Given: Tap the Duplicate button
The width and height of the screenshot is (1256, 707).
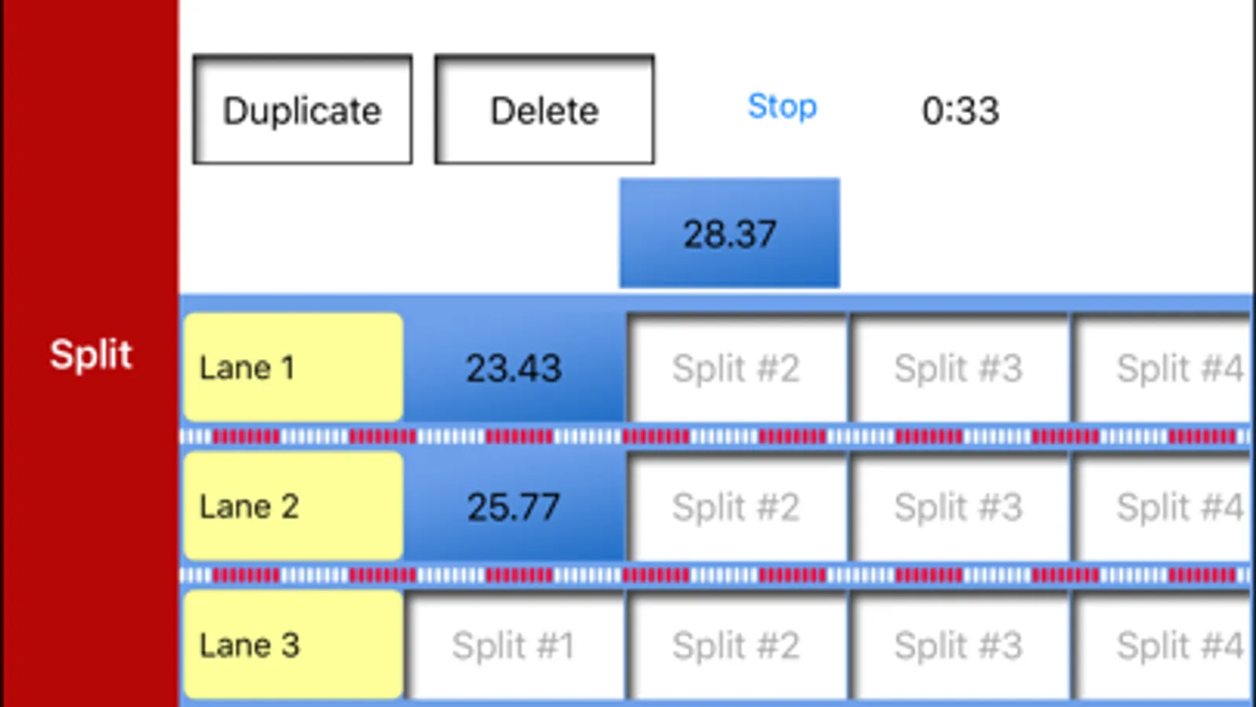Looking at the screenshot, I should pos(302,110).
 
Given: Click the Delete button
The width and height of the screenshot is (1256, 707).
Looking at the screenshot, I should pos(544,110).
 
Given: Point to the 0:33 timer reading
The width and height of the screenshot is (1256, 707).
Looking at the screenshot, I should pos(960,110).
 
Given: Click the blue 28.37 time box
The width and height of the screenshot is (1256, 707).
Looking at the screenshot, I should pos(729,233).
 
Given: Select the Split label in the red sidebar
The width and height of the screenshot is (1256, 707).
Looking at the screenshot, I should pos(90,354).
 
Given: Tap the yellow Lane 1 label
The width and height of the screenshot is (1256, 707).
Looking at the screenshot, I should pos(293,368).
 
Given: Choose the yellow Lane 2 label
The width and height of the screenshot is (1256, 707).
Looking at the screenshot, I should pos(293,507).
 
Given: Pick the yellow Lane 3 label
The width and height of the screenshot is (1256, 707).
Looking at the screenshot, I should pos(293,645).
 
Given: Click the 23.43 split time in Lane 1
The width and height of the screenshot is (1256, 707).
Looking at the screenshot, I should pos(514,368).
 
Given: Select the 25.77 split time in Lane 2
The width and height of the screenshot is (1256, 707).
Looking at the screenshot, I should pos(514,507).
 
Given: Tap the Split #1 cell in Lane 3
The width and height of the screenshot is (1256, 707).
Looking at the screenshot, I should pos(514,646).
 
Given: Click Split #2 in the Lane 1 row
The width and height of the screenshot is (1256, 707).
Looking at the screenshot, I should pos(736,368).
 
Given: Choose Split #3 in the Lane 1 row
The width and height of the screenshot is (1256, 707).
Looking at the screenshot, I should pos(958,368).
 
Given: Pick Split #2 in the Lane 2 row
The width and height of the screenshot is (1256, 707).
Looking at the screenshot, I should pos(736,507).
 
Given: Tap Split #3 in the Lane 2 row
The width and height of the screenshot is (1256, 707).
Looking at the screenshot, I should pos(958,507).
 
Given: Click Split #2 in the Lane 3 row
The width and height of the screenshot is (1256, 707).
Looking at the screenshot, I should pos(736,646).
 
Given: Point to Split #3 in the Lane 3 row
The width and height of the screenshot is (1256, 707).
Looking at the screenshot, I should pos(958,646).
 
